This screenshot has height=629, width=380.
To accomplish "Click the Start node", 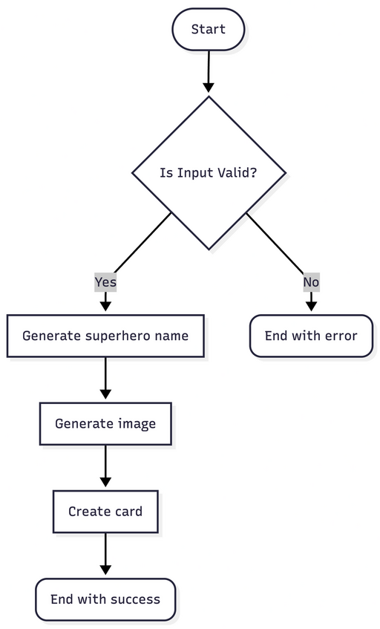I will point(208,30).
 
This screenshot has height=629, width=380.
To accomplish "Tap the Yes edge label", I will point(105,282).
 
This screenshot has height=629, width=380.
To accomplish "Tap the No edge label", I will point(311,282).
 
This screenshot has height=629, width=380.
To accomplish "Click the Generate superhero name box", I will point(105,336).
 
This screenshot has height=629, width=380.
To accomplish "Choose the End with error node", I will point(311,336).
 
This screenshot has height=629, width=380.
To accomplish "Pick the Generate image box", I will point(105,424).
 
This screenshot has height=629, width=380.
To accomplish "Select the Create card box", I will point(105,512).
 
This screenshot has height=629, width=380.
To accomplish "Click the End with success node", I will point(105,599).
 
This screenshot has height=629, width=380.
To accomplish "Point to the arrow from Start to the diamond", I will point(209,71).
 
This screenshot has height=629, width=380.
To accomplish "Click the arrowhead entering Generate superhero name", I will point(105,304).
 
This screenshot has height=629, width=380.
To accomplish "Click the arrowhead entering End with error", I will point(311,304).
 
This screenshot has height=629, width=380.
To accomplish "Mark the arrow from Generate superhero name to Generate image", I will point(105,379).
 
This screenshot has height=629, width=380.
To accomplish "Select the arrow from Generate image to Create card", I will point(105,466).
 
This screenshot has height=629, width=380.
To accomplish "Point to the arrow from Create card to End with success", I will point(105,554).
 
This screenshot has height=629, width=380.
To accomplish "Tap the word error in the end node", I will point(340,336).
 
